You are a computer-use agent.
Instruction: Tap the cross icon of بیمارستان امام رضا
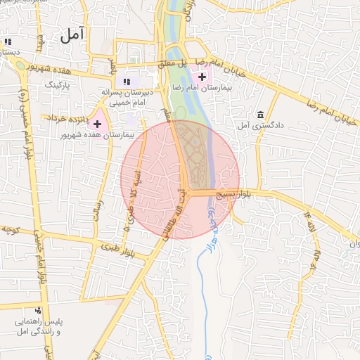pyautogui.click(x=202, y=77)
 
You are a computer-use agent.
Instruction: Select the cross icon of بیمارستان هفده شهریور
pyautogui.click(x=97, y=124)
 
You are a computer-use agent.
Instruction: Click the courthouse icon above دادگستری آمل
pyautogui.click(x=261, y=115)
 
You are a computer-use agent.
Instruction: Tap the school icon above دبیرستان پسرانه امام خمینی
pyautogui.click(x=127, y=82)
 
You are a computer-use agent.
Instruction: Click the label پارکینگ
pyautogui.click(x=58, y=84)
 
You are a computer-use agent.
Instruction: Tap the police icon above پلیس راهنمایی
pyautogui.click(x=38, y=310)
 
